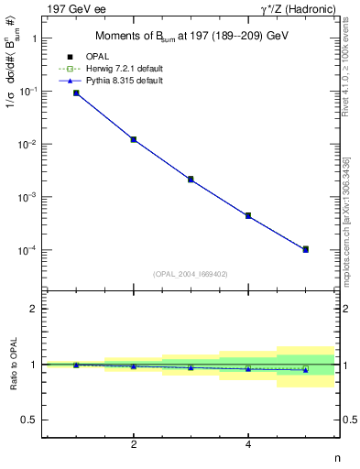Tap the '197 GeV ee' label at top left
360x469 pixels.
point(74,9)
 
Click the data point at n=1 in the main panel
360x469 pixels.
point(76,93)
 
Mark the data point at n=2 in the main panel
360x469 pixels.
point(134,139)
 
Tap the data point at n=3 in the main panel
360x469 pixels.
point(191,180)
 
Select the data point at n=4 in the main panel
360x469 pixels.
point(248,215)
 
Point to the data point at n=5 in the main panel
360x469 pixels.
point(305,249)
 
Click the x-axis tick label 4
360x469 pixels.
point(248,445)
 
